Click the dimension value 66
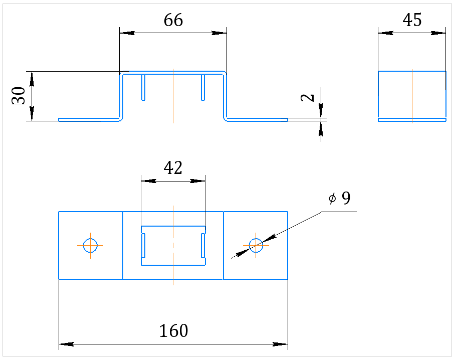173,20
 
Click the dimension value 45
412,20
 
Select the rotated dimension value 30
18,96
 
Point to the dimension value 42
173,168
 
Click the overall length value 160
173,331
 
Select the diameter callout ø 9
340,198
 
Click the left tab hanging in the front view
143,88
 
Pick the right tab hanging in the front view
203,88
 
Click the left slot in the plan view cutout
143,246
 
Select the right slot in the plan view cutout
203,246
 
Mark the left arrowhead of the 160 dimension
66,344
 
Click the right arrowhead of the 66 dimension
219,33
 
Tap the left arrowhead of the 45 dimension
386,33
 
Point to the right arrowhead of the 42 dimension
197,181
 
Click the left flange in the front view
89,120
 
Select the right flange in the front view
257,120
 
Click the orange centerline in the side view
412,96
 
